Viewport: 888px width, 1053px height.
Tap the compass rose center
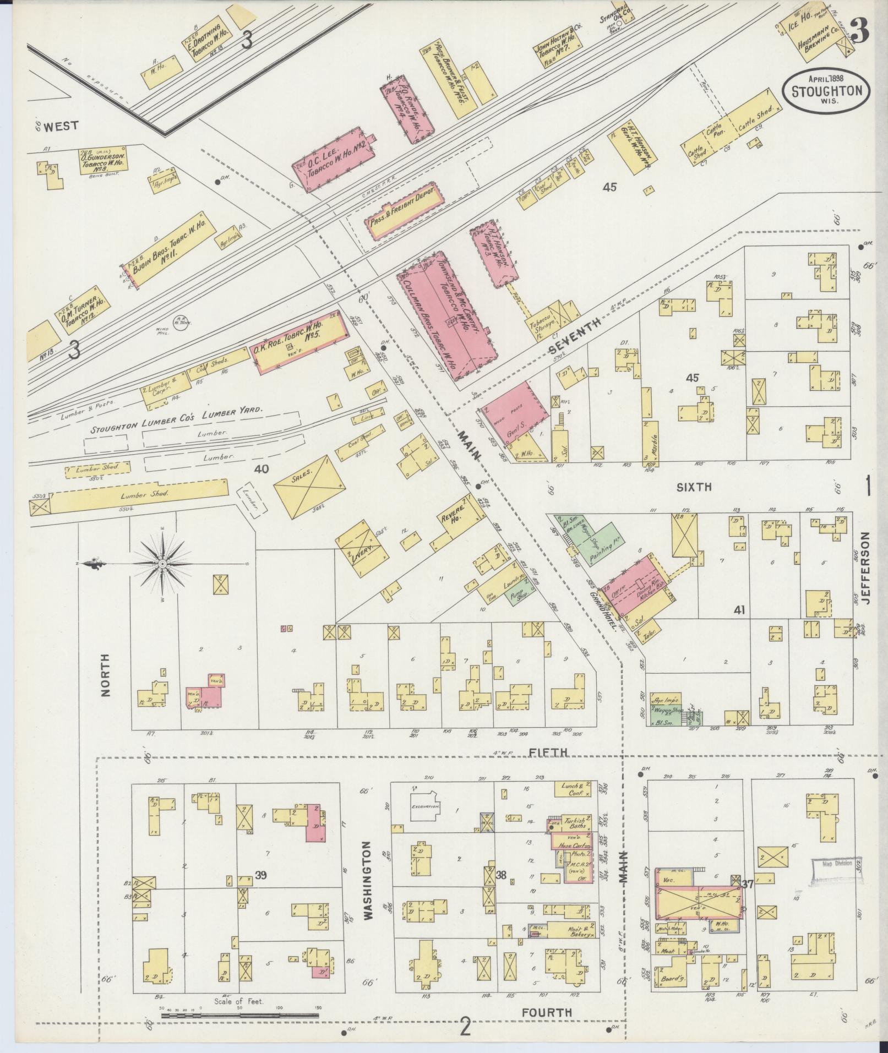[163, 565]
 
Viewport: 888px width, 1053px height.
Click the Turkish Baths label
[575, 824]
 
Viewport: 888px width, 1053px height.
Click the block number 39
[260, 874]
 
